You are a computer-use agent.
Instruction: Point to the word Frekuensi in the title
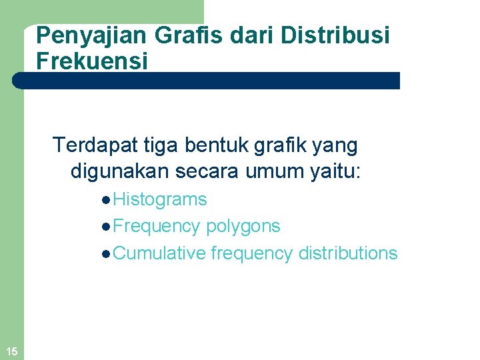point(92,61)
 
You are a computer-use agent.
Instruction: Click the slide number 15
point(11,351)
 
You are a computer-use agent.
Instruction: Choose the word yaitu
point(335,171)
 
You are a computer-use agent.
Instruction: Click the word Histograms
point(160,199)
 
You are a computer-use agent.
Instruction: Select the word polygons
point(243,227)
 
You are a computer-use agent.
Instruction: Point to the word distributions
point(348,253)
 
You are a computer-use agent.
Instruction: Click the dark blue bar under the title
point(207,81)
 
